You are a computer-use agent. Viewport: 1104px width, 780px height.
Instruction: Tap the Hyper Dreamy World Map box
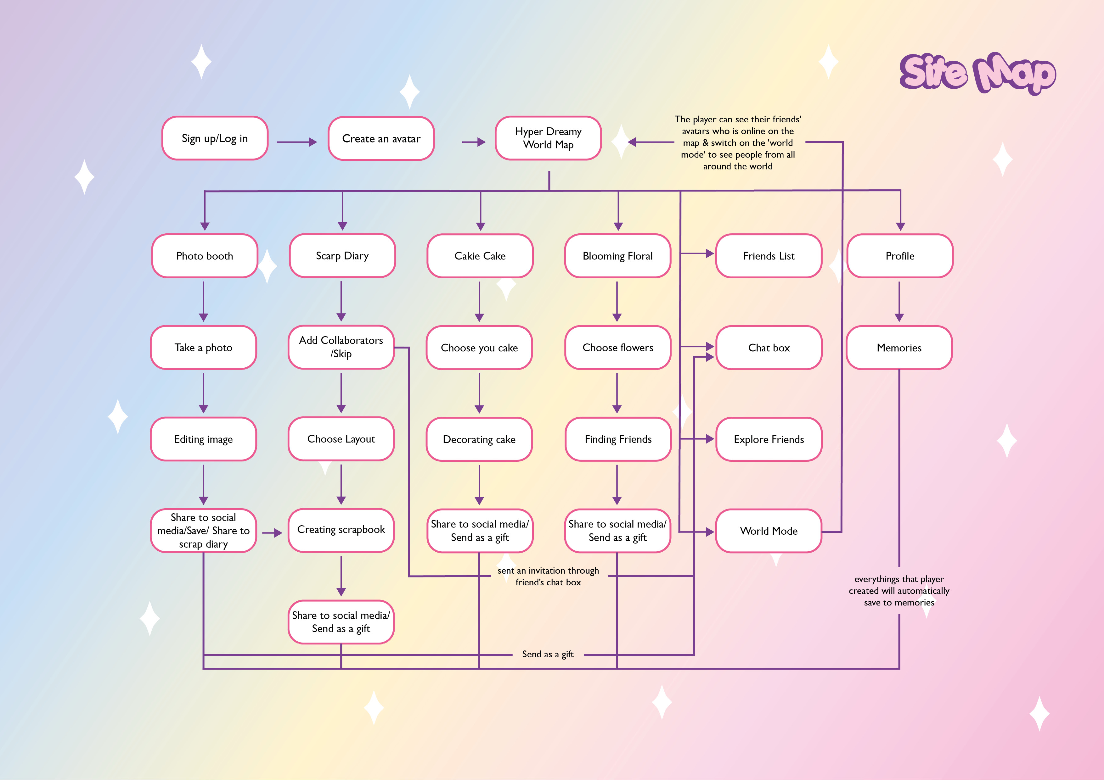coord(548,138)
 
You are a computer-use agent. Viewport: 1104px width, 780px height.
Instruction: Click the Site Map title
coord(977,73)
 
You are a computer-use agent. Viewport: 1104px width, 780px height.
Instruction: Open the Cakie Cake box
coord(480,256)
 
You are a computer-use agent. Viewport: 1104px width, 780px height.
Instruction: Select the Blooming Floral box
coord(618,256)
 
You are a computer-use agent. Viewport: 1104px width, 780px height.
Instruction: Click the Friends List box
coord(769,256)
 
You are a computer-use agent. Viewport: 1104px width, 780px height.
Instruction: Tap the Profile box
coord(900,256)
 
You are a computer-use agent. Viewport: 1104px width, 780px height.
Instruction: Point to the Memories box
coord(899,348)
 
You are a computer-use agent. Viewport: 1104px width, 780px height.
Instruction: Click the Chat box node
coord(769,348)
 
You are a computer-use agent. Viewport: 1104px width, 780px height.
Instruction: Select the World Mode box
coord(769,531)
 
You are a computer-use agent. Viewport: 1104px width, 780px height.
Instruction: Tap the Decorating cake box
coord(479,439)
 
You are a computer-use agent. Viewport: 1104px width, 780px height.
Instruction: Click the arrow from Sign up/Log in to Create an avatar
coord(297,142)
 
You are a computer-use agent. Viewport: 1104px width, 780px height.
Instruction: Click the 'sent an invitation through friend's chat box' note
coord(548,576)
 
